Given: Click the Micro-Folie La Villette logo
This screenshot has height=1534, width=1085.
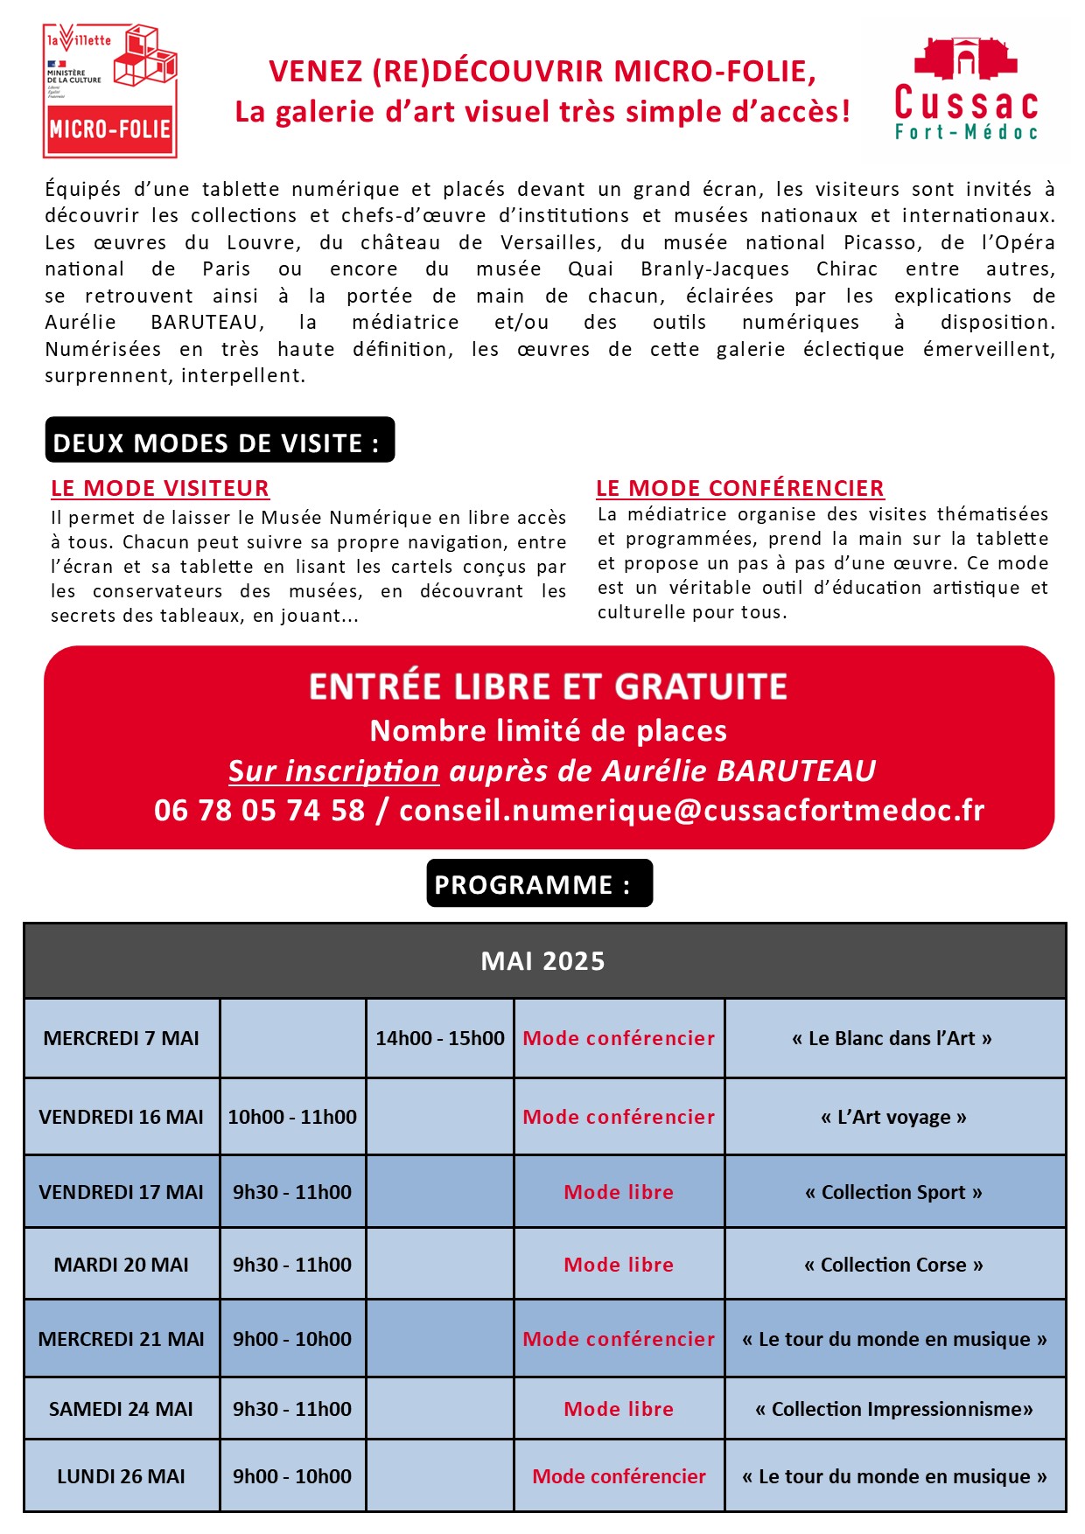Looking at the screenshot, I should [109, 91].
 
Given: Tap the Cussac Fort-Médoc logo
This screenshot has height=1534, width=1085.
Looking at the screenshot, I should [965, 90].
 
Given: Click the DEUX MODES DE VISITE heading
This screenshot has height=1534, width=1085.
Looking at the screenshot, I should [219, 442].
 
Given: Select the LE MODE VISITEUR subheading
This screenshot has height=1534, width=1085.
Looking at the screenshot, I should [160, 488].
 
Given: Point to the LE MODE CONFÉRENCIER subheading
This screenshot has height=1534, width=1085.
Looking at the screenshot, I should [739, 488].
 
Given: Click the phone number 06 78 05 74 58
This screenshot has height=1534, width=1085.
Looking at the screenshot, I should [259, 810].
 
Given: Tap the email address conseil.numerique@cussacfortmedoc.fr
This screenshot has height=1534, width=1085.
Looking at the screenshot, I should [691, 810].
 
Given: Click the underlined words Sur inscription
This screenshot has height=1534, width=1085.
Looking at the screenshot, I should [333, 770].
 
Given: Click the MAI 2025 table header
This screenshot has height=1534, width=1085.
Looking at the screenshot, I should [543, 961].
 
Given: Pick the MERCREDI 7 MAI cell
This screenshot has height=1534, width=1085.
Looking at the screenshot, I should [122, 1038].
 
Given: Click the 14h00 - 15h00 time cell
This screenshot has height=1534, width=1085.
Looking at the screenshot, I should [440, 1038].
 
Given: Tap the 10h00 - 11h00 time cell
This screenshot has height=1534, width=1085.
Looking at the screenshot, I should [292, 1117].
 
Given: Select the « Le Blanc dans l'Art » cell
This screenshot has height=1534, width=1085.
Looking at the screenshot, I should [892, 1038].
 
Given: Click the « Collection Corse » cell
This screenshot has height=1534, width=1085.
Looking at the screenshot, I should [893, 1265].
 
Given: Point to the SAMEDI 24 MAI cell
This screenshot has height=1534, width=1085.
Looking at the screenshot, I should [122, 1409].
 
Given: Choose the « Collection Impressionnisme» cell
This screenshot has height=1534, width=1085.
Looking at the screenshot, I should [893, 1409].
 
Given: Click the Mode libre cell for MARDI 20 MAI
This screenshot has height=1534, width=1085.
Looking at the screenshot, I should [619, 1265].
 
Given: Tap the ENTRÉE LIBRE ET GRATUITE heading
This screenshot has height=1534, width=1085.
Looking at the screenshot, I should [549, 687].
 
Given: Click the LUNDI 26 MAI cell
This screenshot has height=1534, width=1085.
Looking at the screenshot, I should [122, 1476].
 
